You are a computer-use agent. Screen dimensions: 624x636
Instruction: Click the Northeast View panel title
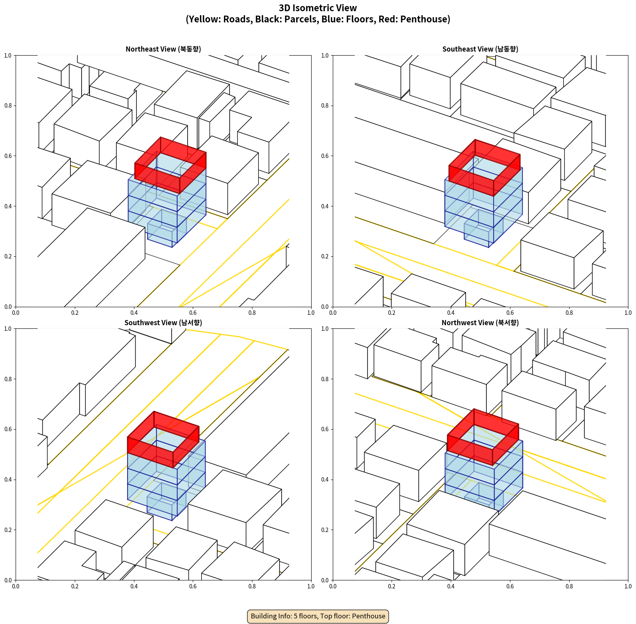(163, 49)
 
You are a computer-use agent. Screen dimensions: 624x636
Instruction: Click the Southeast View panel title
(480, 49)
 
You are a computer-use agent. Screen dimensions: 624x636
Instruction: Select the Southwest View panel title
(163, 323)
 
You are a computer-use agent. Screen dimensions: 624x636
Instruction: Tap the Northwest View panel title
(480, 323)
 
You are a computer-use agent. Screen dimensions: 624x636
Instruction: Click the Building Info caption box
(318, 616)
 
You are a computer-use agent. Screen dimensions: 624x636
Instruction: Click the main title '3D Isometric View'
(318, 8)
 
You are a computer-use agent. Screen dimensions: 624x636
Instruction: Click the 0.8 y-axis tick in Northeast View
(8, 106)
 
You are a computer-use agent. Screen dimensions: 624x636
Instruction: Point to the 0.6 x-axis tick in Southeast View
(510, 313)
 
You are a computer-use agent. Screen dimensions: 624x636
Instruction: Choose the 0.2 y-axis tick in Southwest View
(8, 530)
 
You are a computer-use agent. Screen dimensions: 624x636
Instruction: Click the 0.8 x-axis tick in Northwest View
(569, 586)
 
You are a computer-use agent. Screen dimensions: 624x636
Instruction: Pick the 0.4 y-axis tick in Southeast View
(325, 206)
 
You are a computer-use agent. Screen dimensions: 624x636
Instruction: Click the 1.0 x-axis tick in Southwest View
(311, 586)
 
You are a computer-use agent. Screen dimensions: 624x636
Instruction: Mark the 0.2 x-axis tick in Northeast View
(75, 313)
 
